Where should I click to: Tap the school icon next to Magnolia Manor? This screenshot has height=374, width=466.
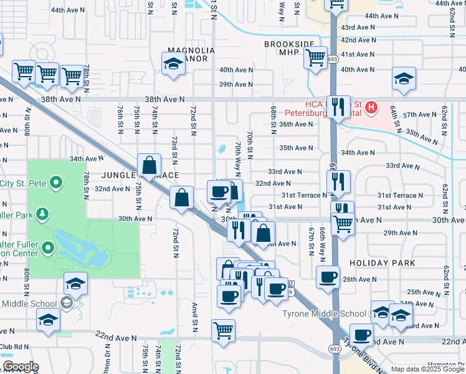click(x=173, y=63)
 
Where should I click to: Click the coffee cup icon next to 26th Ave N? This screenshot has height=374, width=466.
click(x=328, y=277)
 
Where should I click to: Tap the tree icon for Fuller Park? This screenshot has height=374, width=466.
click(x=42, y=215)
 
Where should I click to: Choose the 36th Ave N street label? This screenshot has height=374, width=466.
click(x=295, y=124)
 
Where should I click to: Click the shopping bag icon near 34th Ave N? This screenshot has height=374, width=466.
click(x=150, y=166)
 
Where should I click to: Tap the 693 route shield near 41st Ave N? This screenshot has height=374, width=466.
click(x=334, y=57)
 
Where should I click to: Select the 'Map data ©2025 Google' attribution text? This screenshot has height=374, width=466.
click(x=428, y=369)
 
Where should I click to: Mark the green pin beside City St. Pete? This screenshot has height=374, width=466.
click(x=56, y=183)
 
